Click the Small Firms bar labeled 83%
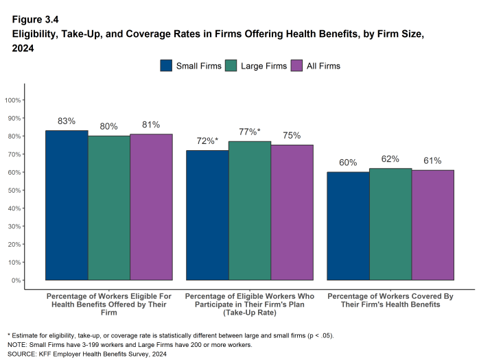click(67, 205)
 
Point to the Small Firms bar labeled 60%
click(348, 226)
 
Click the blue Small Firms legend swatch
click(166, 66)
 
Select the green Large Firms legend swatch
click(231, 66)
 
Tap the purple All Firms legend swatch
click(296, 66)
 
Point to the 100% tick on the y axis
click(14, 100)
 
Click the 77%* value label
click(249, 132)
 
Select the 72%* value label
click(207, 141)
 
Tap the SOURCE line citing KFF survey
click(87, 354)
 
